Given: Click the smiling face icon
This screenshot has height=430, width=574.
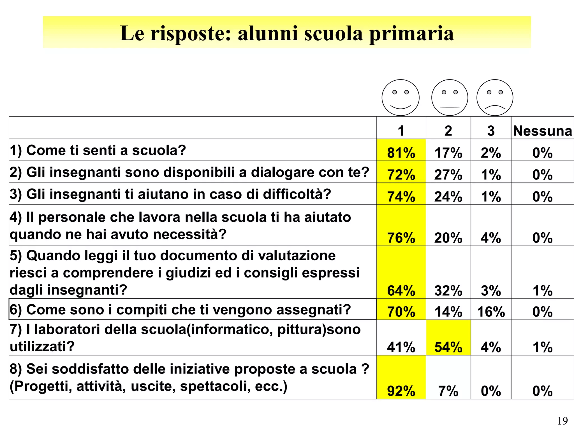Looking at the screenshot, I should point(401,97).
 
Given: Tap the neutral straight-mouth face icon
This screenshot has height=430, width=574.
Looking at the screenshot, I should point(450,97).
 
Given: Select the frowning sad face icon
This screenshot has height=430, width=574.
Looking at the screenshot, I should point(495,97).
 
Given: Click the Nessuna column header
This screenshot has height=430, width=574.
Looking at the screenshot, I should point(542,131).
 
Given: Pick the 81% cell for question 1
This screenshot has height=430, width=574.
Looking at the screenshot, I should point(401,153).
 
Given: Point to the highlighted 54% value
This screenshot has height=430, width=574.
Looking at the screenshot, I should point(448,347).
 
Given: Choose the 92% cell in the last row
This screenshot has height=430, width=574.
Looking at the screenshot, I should point(401,391).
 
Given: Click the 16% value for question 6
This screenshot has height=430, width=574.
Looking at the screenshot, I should point(491,312).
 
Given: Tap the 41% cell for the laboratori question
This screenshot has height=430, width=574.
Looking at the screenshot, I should point(401,347).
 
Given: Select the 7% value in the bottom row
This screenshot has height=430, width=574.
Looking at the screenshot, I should point(448,391).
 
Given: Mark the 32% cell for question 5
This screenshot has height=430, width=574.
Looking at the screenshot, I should point(448,291).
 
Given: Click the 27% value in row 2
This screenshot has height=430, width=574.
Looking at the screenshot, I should point(448,175).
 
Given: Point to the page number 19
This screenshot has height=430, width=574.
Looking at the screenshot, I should point(562,421).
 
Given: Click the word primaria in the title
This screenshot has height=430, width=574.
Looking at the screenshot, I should point(411,34).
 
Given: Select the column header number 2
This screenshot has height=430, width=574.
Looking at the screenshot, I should point(448,131).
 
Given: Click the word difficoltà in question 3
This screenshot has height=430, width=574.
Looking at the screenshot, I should point(297,194).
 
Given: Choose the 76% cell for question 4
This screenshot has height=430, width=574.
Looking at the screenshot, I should point(401,238).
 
